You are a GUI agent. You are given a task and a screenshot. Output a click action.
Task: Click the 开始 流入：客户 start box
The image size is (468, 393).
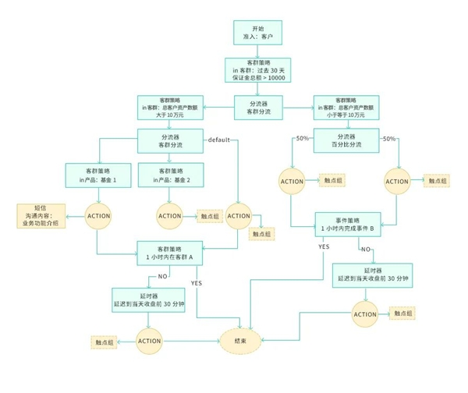257,32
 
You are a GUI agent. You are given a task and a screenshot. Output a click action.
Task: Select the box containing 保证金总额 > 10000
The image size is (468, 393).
257,71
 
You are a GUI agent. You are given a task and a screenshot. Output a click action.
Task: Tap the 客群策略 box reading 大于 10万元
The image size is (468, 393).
169,107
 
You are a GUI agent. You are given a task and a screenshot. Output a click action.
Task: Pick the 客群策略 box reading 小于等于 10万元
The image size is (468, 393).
346,107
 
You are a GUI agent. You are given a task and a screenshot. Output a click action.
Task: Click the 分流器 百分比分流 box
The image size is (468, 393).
346,142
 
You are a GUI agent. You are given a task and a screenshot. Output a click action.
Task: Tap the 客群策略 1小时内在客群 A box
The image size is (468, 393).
169,253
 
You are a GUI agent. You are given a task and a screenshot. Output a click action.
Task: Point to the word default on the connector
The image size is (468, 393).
218,140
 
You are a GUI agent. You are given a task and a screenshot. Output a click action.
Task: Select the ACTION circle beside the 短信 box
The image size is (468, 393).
98,215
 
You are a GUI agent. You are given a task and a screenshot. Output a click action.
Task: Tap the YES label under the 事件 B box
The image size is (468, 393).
324,246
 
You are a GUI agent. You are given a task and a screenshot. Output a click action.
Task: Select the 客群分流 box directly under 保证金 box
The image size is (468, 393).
257,107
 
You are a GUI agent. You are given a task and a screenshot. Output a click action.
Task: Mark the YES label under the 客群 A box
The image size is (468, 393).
196,283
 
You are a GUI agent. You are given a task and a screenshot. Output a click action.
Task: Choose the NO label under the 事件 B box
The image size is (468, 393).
365,250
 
